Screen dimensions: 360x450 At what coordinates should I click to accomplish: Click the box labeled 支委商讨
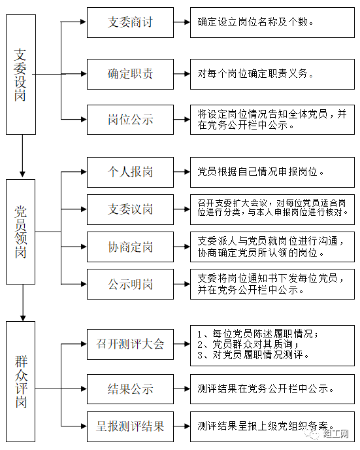(130, 22)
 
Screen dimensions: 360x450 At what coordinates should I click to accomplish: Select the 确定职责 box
(130, 74)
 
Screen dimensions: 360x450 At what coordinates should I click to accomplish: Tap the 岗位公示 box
(130, 120)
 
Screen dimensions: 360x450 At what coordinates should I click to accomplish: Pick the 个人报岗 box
(130, 172)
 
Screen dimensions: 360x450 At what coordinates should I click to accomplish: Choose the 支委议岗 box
(130, 209)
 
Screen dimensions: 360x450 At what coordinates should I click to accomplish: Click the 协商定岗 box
(130, 247)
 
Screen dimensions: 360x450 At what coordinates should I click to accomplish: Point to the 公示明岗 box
(130, 284)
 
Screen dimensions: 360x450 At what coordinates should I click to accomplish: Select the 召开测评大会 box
(130, 344)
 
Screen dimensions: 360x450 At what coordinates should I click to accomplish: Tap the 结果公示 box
(130, 389)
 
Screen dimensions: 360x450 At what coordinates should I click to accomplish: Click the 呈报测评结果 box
(130, 426)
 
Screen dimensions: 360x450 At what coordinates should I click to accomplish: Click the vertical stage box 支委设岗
(21, 75)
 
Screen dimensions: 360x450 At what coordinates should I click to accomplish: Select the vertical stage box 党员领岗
(21, 232)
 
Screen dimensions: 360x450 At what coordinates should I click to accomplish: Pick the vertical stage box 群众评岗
(21, 382)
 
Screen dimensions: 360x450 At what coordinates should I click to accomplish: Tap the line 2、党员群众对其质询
(248, 344)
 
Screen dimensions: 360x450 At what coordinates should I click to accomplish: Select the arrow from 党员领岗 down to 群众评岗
(23, 303)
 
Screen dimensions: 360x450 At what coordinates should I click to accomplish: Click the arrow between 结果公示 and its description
(182, 389)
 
